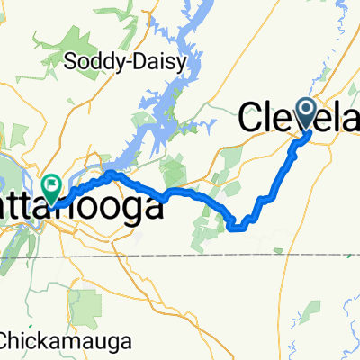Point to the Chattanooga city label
pyautogui.click(x=90, y=208)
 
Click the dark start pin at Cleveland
pyautogui.click(x=305, y=114)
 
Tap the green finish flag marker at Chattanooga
pyautogui.click(x=53, y=187)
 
